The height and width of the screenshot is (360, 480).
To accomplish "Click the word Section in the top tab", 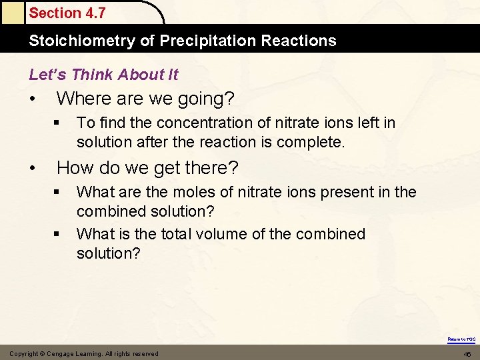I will pos(53,13).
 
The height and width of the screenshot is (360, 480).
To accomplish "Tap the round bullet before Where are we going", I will pos(33,99).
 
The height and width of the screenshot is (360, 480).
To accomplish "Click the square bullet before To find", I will pos(58,123).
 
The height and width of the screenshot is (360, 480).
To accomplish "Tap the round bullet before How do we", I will pos(33,167).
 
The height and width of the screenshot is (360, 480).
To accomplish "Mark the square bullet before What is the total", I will pos(58,234).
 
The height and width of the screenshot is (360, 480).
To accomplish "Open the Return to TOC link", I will pos(461,339).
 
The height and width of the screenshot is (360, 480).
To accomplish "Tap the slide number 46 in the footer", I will pos(467,354).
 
